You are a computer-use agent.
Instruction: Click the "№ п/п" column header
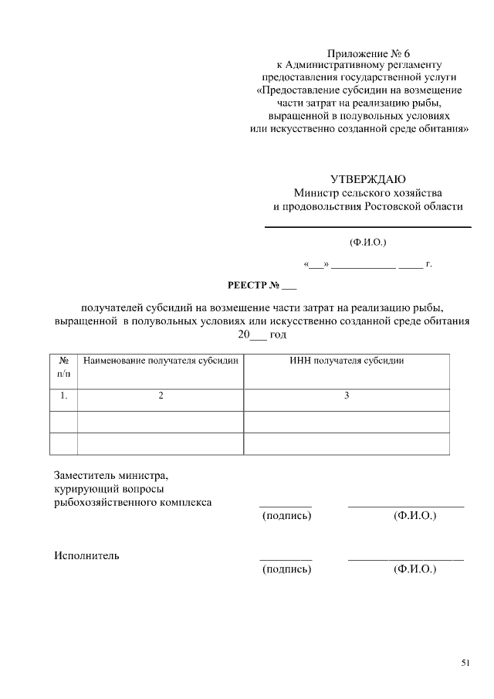click(x=64, y=366)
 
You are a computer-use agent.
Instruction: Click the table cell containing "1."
click(x=64, y=395)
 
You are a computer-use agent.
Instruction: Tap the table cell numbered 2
click(x=161, y=395)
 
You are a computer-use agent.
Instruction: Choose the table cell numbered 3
click(x=347, y=395)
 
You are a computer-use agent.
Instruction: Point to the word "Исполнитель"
click(x=86, y=555)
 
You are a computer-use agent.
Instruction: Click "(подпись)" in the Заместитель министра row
click(x=286, y=515)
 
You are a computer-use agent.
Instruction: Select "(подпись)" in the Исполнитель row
click(x=286, y=569)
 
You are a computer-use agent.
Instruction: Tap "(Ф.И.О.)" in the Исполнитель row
click(x=414, y=569)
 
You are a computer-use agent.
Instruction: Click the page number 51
click(x=465, y=662)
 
